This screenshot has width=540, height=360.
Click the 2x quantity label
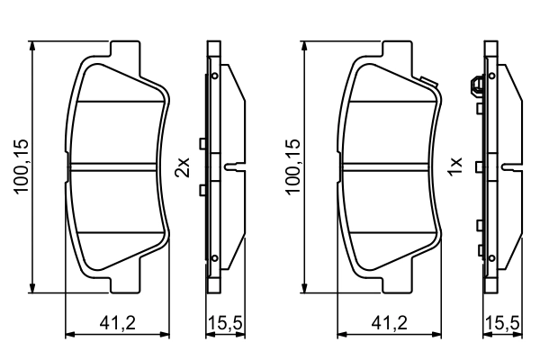pyautogui.click(x=183, y=166)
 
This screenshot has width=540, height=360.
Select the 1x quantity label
pyautogui.click(x=456, y=166)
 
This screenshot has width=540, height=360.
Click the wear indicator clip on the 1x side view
pyautogui.click(x=475, y=87)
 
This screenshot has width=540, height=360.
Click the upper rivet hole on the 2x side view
pyautogui.click(x=215, y=76)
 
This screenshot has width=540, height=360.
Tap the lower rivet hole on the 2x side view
pyautogui.click(x=215, y=259)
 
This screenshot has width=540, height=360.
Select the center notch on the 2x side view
pyautogui.click(x=233, y=166)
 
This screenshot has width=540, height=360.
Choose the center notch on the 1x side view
pyautogui.click(x=510, y=166)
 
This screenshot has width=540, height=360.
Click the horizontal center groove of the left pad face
pyautogui.click(x=117, y=166)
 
